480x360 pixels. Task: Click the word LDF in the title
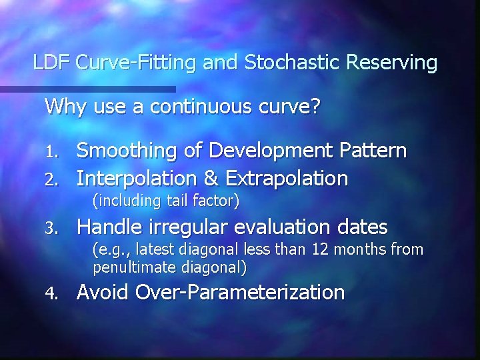(51, 63)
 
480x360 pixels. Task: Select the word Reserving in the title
(387, 63)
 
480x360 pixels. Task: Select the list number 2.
(57, 179)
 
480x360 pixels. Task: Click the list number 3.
(57, 229)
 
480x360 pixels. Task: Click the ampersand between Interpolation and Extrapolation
(208, 178)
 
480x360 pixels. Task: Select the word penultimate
(133, 269)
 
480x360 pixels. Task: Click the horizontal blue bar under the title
(87, 89)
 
